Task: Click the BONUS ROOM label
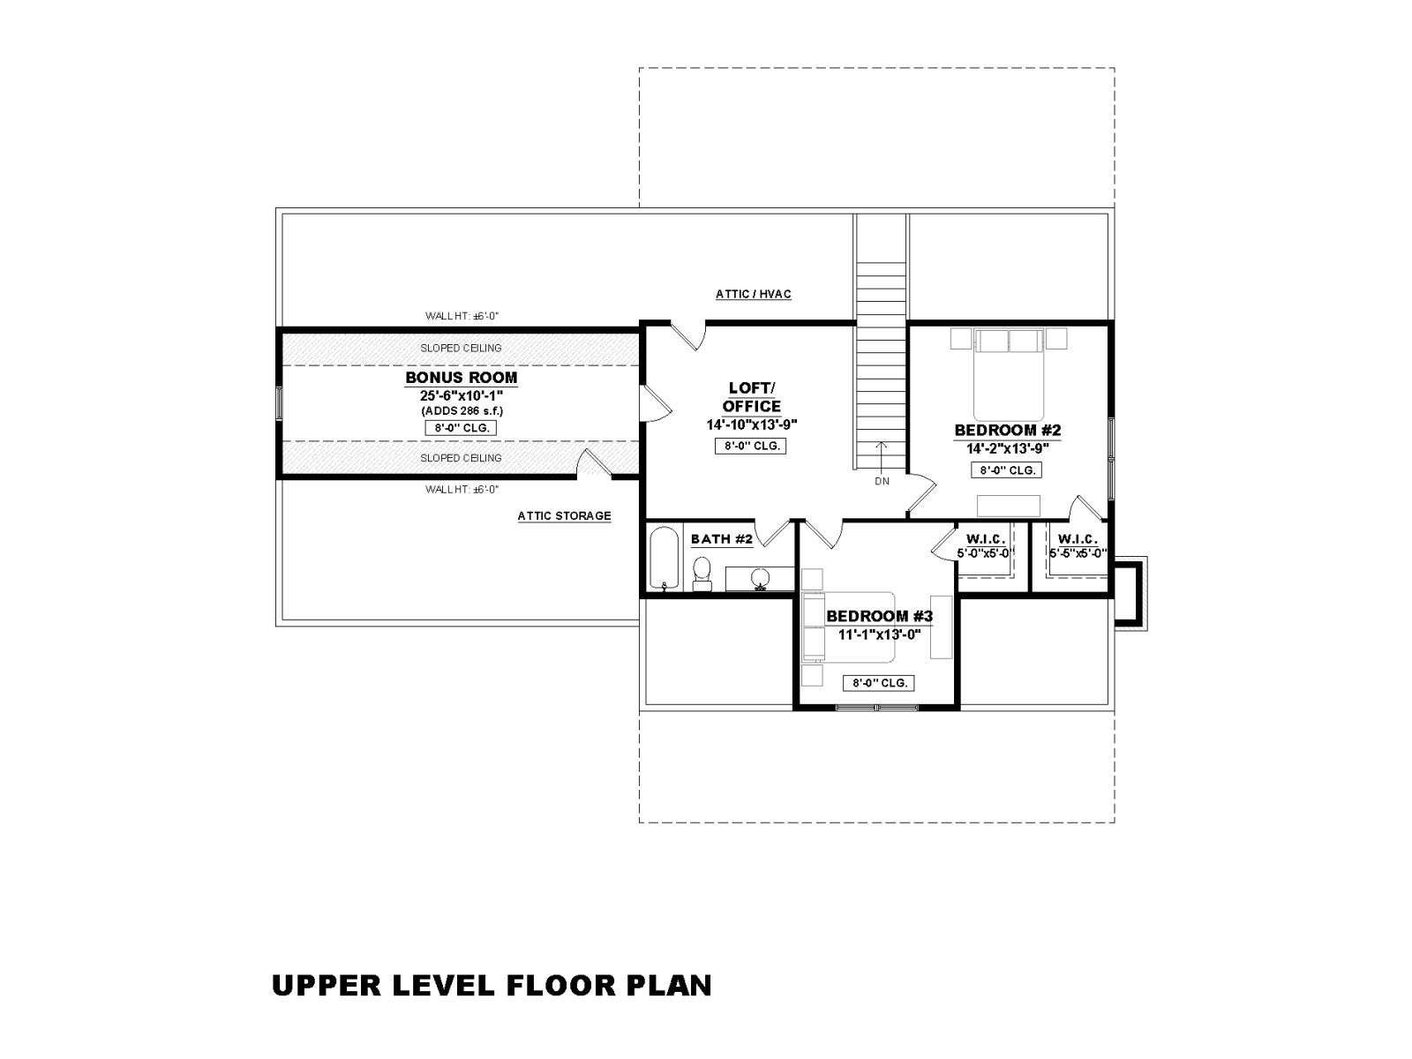click(x=461, y=378)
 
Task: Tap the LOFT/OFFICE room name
click(x=751, y=397)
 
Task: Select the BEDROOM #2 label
click(x=1008, y=430)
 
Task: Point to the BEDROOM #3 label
click(x=879, y=616)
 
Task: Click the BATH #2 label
click(x=721, y=539)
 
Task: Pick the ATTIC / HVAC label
click(x=754, y=294)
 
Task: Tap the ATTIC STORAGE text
click(x=564, y=515)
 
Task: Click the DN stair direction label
click(x=882, y=481)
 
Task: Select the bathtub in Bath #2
click(x=665, y=558)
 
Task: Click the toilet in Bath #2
click(x=702, y=574)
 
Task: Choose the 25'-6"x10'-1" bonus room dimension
click(x=462, y=395)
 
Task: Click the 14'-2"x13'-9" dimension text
click(x=1008, y=449)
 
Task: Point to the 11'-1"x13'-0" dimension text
click(x=879, y=635)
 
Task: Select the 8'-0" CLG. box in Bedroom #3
click(x=878, y=683)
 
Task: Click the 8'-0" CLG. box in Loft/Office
click(x=751, y=446)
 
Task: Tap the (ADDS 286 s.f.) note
click(x=462, y=411)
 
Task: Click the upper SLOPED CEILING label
click(x=461, y=348)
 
